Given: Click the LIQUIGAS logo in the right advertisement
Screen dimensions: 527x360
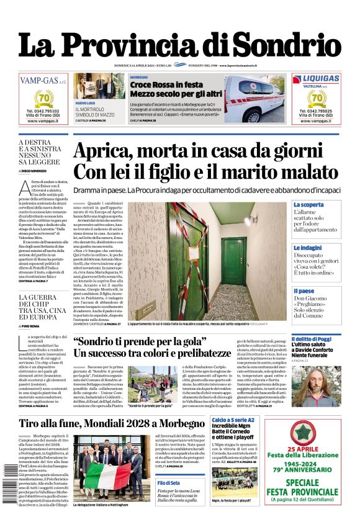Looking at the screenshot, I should (317, 79).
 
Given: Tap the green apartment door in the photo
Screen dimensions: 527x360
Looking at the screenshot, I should (235, 269).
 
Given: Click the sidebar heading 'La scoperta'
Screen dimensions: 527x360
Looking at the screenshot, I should (308, 204).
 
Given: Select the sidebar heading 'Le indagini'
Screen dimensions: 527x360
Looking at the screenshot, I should (308, 248).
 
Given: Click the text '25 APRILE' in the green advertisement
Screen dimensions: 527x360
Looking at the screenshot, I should (317, 466).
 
